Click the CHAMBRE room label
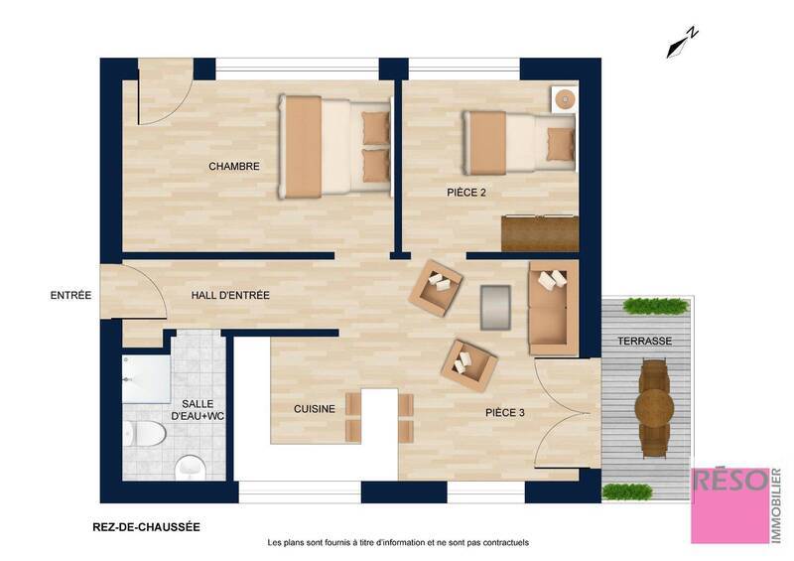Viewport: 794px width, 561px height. [233, 167]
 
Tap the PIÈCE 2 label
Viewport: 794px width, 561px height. [465, 193]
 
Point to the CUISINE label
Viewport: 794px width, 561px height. [314, 409]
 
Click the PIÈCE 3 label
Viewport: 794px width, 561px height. [505, 412]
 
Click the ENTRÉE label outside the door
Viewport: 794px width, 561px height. [71, 295]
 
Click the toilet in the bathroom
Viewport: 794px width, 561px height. [144, 432]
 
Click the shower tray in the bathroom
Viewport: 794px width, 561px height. [145, 381]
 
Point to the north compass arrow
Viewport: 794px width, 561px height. [683, 41]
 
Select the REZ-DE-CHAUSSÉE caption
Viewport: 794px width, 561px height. [139, 527]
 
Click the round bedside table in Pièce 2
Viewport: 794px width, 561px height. [565, 99]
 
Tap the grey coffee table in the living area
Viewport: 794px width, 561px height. [495, 307]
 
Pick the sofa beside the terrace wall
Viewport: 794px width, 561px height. [552, 308]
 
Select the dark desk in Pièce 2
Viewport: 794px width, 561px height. [539, 233]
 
